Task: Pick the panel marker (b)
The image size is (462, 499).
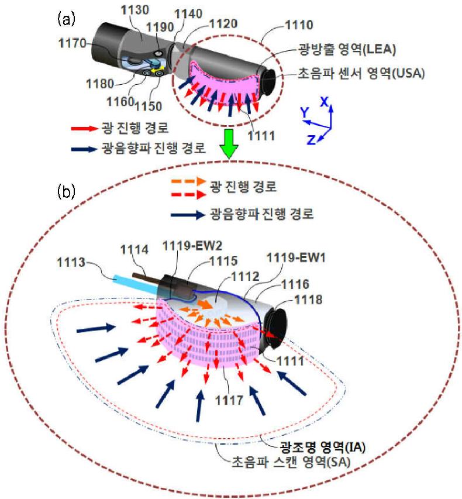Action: click(65, 191)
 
